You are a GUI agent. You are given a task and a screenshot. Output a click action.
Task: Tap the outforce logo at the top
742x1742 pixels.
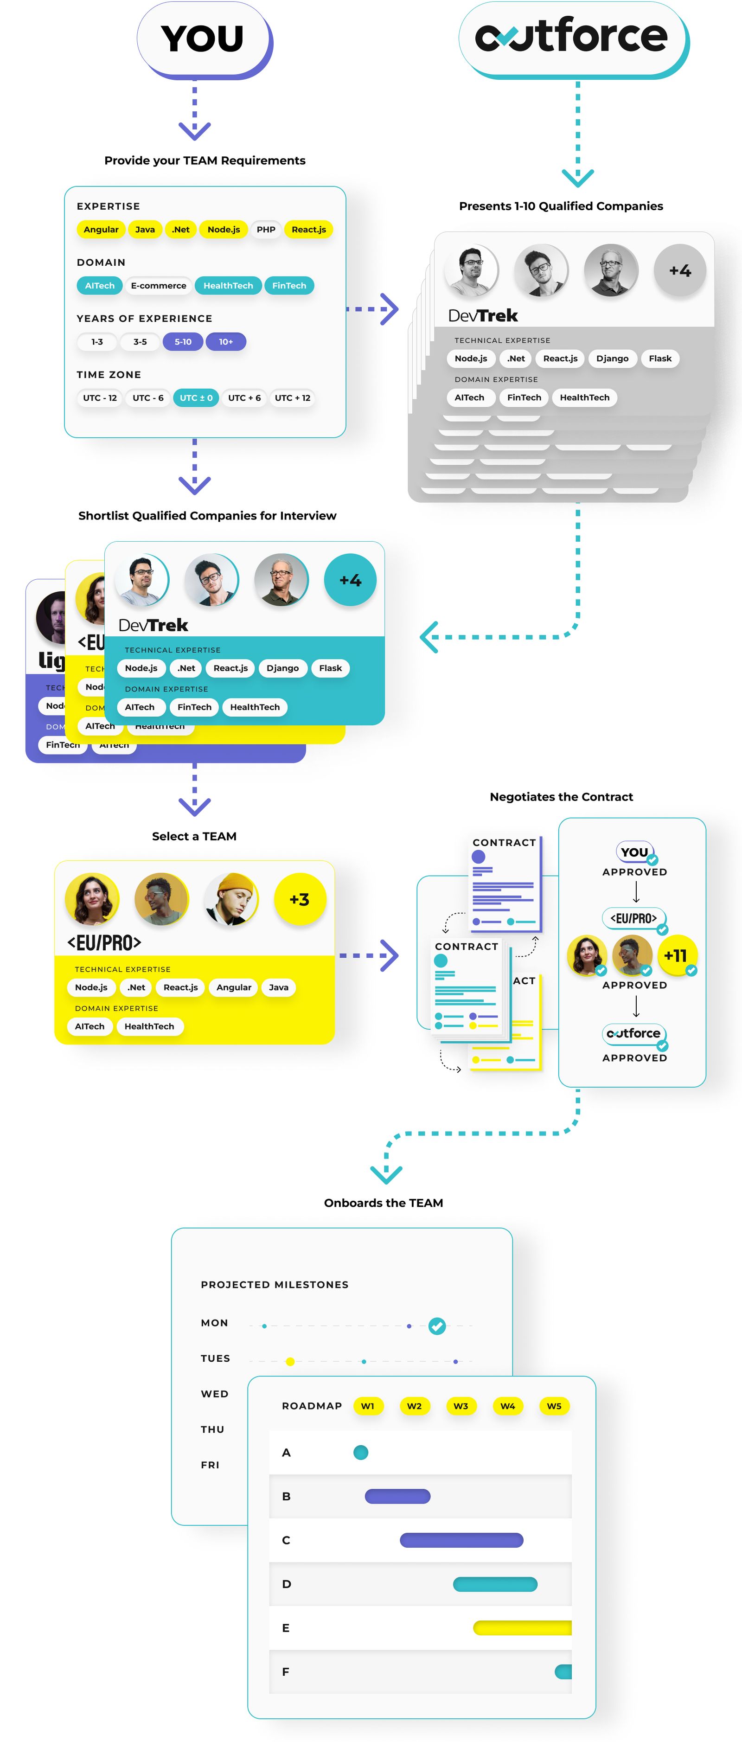(x=571, y=37)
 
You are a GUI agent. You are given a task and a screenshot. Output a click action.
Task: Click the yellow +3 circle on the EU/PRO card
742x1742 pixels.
(x=299, y=899)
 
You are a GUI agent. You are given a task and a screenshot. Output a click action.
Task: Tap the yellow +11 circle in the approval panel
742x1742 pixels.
(x=675, y=955)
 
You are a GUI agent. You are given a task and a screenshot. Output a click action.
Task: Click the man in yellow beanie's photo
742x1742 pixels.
(x=231, y=899)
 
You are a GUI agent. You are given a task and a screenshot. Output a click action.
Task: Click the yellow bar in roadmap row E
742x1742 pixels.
(x=522, y=1628)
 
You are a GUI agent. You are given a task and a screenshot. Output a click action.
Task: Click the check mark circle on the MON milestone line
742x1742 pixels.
(x=437, y=1326)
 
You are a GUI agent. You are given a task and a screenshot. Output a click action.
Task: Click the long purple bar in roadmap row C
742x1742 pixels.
(x=461, y=1540)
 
